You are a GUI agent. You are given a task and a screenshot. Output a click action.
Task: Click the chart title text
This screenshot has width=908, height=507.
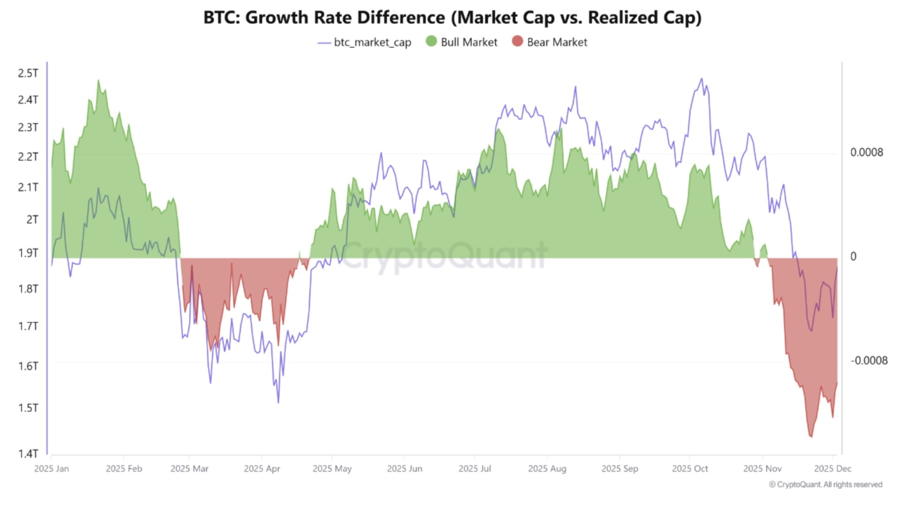point(452,18)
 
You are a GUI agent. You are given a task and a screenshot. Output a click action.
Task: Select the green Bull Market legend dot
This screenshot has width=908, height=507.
point(431,42)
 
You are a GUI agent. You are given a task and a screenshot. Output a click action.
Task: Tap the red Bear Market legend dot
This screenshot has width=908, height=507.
point(517,42)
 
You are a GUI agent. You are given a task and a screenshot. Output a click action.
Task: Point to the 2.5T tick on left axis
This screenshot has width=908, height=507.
point(28,73)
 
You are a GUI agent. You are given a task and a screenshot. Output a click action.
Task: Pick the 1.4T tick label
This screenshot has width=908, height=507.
point(28,454)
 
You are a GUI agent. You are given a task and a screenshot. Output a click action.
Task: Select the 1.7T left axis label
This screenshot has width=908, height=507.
point(28,326)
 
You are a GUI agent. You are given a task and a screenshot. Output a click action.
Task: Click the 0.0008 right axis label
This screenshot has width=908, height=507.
point(866,153)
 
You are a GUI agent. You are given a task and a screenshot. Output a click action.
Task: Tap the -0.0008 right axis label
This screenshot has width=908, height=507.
point(869,361)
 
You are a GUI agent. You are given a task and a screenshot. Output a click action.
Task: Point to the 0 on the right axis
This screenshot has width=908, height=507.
point(853,257)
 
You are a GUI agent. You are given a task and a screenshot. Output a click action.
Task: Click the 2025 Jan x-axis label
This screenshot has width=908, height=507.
point(51,469)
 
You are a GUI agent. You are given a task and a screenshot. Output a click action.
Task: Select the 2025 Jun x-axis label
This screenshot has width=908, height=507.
point(404,469)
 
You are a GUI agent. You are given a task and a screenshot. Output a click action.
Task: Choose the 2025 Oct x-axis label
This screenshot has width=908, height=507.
point(690,469)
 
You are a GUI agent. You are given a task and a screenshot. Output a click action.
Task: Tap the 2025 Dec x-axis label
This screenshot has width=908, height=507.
point(832,469)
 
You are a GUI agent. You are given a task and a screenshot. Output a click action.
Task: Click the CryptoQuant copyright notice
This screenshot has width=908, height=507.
point(825,484)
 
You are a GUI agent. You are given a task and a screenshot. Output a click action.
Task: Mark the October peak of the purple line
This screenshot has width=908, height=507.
point(701,79)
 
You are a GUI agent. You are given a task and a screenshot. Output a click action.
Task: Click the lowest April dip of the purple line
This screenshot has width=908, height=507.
point(278,403)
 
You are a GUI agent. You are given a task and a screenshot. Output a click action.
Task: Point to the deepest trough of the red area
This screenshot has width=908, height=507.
point(811,437)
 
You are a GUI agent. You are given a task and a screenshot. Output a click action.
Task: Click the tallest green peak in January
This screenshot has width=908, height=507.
point(98,80)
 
